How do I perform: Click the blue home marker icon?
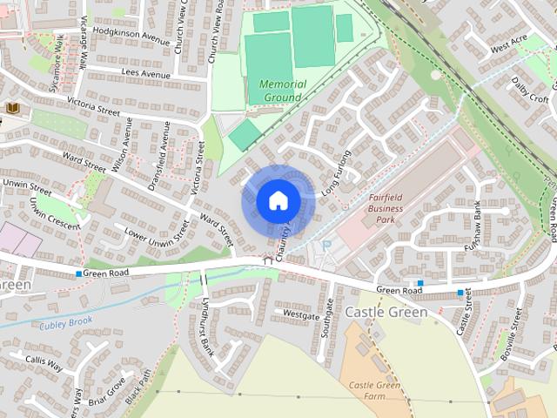tap(278, 199)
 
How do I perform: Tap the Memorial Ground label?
tap(283, 90)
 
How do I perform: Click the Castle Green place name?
tap(386, 312)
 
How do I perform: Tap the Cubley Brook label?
tap(65, 325)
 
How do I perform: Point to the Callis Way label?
tap(44, 363)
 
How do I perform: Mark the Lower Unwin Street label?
tap(156, 232)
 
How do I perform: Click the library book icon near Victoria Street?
tap(12, 107)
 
